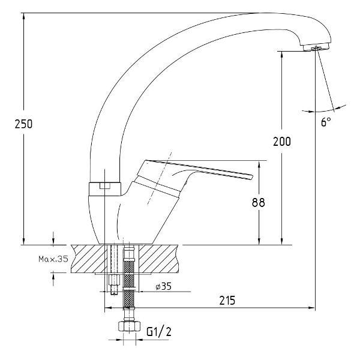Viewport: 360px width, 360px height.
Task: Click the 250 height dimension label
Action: (x=23, y=124)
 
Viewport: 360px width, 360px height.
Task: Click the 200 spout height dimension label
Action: (x=282, y=142)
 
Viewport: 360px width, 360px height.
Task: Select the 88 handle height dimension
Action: (x=259, y=203)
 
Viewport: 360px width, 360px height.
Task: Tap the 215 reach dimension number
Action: (x=227, y=301)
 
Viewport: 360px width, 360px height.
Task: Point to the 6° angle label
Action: (x=326, y=122)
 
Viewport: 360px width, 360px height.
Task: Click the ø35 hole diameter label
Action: (x=163, y=286)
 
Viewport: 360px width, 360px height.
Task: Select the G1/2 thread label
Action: (x=159, y=332)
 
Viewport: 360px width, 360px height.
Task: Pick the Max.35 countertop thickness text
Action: (x=53, y=259)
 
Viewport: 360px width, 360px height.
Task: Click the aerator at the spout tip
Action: (x=316, y=47)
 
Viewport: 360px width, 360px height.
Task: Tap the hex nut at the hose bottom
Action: (x=129, y=326)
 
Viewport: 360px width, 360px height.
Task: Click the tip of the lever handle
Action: (x=252, y=177)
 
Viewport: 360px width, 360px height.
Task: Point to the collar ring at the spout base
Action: (x=104, y=189)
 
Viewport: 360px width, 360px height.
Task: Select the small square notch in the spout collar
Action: (x=105, y=185)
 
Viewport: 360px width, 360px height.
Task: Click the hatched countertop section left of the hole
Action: (x=89, y=259)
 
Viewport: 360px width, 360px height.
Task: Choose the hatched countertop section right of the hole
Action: (x=159, y=259)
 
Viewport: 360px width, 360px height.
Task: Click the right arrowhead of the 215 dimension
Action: (x=311, y=308)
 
